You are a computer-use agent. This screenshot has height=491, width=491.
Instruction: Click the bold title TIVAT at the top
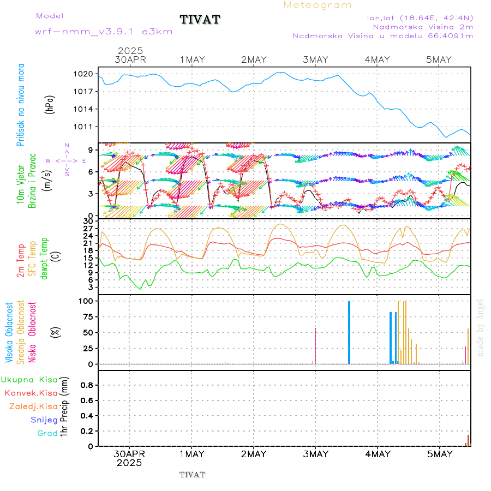tap(200, 20)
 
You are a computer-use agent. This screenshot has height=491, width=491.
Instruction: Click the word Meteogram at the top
tap(318, 5)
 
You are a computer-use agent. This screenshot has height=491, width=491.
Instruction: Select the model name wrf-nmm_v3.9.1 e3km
tap(104, 32)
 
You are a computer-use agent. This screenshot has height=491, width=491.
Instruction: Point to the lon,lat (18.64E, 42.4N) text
tap(420, 17)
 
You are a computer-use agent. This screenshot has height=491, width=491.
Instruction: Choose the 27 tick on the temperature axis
tap(88, 229)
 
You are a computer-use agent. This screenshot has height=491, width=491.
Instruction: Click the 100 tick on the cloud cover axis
tap(87, 301)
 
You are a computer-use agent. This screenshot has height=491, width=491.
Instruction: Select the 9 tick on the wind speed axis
tap(91, 149)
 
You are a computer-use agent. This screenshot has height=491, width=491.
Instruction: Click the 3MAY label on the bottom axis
tap(315, 454)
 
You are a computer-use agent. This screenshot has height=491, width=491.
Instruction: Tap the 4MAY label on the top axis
tap(378, 59)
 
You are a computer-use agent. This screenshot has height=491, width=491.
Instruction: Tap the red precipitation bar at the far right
tap(468, 440)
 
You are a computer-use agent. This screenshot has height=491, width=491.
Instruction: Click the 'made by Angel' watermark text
tap(481, 327)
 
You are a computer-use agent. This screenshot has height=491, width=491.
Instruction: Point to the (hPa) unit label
tap(50, 104)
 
